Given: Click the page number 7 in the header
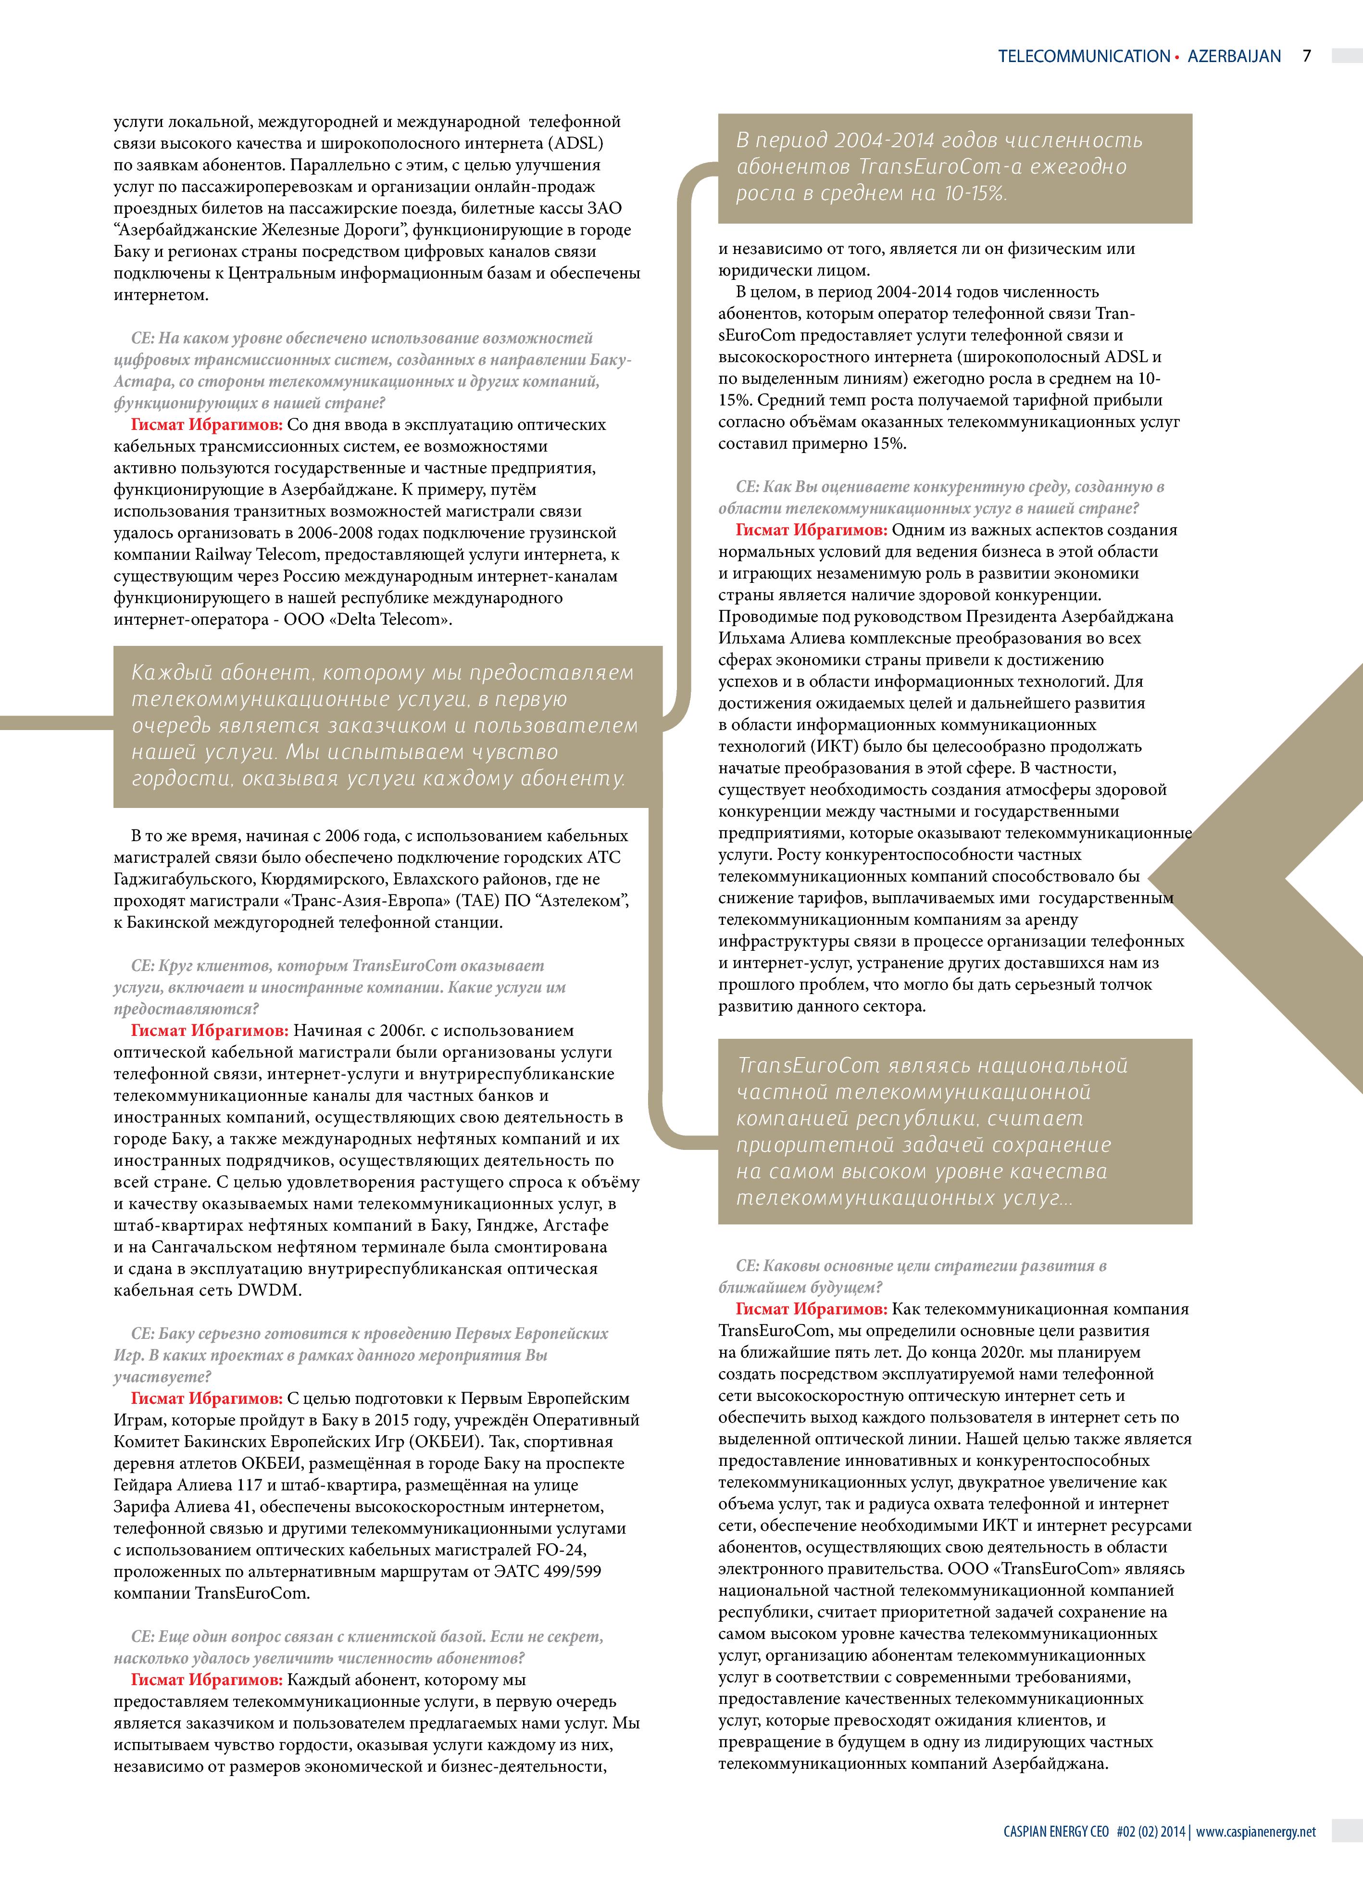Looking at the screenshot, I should (1306, 56).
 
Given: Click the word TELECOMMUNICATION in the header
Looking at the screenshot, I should (1084, 56).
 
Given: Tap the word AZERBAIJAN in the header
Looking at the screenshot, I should (1234, 56).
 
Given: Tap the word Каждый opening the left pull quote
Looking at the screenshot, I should (172, 674).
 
